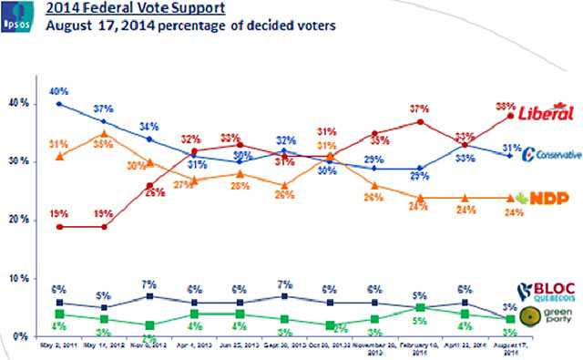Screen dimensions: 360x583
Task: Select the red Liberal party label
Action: [x=545, y=114]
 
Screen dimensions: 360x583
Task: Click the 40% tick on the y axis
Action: [x=17, y=104]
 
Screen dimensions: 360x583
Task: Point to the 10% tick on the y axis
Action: [x=17, y=279]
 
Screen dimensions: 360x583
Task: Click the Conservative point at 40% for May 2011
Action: [x=59, y=104]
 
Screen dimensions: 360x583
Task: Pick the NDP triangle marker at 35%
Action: [x=104, y=133]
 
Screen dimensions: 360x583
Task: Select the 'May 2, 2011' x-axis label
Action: [x=58, y=347]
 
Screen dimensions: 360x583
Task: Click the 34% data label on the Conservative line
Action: [x=148, y=127]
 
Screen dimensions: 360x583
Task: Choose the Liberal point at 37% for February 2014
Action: [x=419, y=121]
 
